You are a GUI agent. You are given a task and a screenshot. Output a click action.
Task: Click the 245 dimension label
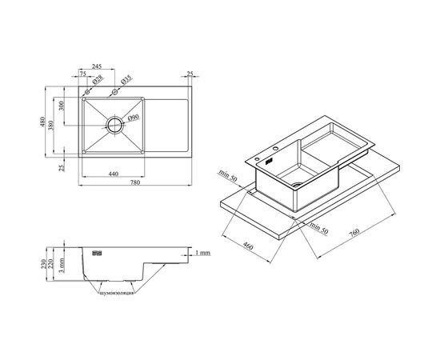coord(97,66)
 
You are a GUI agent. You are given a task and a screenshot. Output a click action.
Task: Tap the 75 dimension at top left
coord(83,74)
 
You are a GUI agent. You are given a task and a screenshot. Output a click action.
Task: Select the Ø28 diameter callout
coord(97,80)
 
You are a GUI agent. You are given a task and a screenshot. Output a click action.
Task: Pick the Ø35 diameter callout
coord(126,80)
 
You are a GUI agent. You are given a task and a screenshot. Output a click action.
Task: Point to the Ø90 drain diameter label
coord(133,118)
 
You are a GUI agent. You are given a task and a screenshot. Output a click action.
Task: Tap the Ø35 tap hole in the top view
coord(114,92)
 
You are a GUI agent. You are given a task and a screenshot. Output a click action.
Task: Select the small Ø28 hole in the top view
coord(87,92)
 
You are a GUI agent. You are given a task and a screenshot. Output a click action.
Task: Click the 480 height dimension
coord(42,122)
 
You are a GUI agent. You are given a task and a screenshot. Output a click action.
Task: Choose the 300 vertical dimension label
coord(62,106)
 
